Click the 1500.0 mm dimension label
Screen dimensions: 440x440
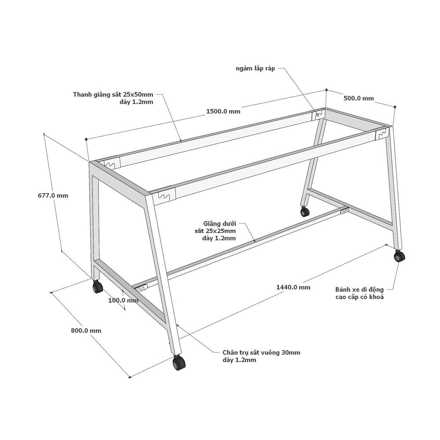point(223,111)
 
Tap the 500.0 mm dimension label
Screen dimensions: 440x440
point(359,98)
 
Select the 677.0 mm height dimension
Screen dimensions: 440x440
point(53,195)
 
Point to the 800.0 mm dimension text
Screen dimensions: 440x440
point(86,330)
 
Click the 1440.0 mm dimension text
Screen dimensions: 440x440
point(293,287)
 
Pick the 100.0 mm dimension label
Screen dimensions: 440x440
point(124,300)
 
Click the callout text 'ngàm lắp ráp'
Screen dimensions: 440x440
point(255,69)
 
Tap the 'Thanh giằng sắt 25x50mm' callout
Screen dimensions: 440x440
point(113,94)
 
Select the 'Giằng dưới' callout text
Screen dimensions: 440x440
point(220,224)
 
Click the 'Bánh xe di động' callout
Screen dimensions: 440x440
point(359,290)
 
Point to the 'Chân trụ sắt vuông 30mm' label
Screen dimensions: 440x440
point(261,352)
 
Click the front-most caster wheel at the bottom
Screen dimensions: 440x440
point(179,363)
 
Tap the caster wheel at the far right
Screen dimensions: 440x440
point(400,256)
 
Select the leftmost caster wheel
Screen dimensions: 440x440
point(97,286)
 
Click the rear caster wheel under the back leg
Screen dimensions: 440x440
point(305,211)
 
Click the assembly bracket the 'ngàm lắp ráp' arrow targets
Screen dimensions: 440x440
point(318,115)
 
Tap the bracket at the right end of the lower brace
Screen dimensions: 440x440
point(345,210)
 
